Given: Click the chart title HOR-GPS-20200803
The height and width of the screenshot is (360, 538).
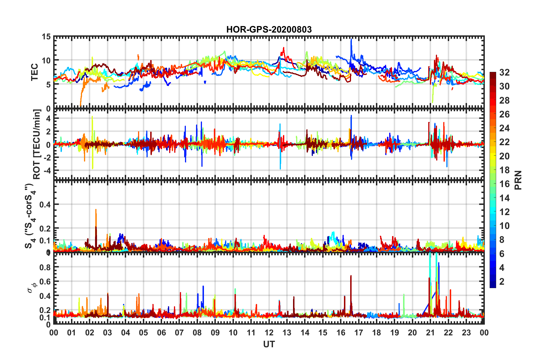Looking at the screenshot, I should (269, 29).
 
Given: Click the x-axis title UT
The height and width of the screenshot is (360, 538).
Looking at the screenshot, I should (269, 344).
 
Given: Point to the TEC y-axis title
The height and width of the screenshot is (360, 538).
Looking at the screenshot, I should (35, 72).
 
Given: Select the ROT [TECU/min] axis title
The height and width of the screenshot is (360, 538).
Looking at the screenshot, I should (37, 144).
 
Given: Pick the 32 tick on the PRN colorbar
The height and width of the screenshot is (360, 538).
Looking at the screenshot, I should (504, 72).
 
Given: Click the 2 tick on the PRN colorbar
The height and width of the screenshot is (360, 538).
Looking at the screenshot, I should (502, 281).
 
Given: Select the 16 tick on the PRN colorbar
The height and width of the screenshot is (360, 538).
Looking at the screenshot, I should (504, 184).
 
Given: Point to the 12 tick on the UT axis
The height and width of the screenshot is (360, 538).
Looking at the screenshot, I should (269, 333).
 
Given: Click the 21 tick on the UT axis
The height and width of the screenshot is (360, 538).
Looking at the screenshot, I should (430, 333).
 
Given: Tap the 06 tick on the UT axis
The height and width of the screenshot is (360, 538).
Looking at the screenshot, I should (161, 333).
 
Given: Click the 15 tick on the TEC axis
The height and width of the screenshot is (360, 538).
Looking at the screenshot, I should (46, 37).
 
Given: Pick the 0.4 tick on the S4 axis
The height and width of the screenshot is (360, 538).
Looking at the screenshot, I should (45, 204).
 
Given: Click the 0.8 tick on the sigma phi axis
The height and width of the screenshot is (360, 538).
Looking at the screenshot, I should (45, 267).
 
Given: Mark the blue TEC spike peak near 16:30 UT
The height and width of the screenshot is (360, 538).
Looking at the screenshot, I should (351, 39).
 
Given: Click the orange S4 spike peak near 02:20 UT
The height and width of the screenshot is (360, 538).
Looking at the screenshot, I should (96, 210).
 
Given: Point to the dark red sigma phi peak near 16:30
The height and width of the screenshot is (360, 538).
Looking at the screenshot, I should (351, 276).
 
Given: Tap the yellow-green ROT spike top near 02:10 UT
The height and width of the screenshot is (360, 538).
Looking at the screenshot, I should (92, 117).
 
